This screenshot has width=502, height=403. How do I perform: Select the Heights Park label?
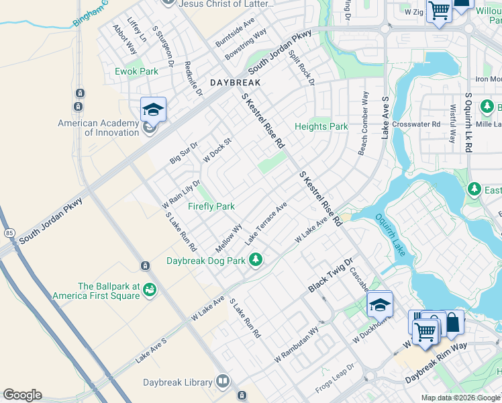point(321,126)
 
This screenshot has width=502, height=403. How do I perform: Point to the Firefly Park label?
point(211,206)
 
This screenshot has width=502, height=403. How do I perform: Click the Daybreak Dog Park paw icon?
point(255,259)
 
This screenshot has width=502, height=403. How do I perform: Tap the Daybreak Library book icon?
point(223,382)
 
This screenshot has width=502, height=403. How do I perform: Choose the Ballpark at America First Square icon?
point(149,289)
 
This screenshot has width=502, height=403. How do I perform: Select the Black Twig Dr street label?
point(330,275)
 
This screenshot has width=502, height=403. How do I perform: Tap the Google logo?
point(22,395)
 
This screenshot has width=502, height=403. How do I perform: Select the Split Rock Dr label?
point(301,68)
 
